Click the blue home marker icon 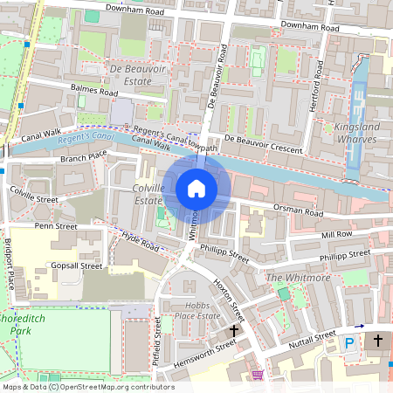coord(196,188)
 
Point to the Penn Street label coord(55,227)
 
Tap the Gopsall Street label coord(77,265)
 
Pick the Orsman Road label coord(299,211)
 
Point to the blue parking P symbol coord(350,344)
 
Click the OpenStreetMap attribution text coord(87,386)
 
